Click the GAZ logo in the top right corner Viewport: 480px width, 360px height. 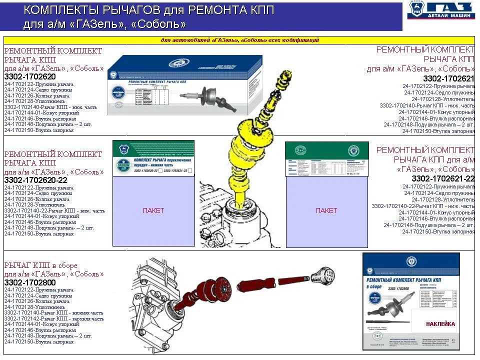[x=440, y=11]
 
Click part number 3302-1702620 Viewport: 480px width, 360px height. [x=29, y=77]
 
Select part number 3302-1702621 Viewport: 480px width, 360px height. [x=448, y=78]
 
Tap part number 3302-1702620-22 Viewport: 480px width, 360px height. [x=35, y=180]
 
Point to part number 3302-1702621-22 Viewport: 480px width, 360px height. [x=443, y=178]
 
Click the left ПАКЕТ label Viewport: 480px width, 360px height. [x=153, y=210]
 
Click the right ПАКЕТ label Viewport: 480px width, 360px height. [x=326, y=210]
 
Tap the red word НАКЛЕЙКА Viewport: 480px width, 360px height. [x=440, y=324]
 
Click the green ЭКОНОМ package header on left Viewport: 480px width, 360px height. [x=153, y=157]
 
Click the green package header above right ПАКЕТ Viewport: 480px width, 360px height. [x=326, y=159]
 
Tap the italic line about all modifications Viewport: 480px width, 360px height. [x=239, y=40]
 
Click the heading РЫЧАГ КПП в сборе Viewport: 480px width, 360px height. [x=41, y=265]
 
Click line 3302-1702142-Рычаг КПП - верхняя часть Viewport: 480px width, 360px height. [x=54, y=318]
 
